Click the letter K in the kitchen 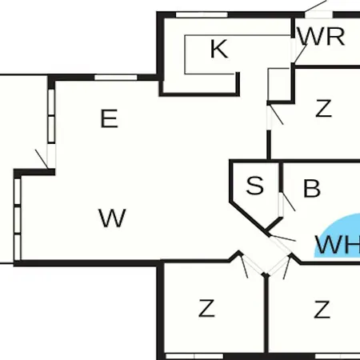219,49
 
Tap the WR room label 322,36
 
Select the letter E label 110,118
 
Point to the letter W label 112,218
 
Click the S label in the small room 255,185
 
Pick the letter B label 312,189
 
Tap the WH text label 338,245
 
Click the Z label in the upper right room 323,108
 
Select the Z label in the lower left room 206,308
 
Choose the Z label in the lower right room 322,309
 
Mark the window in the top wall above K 202,14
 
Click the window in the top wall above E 116,78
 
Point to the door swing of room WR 299,54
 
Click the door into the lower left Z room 252,265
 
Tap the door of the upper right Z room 274,117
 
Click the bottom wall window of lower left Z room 194,356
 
